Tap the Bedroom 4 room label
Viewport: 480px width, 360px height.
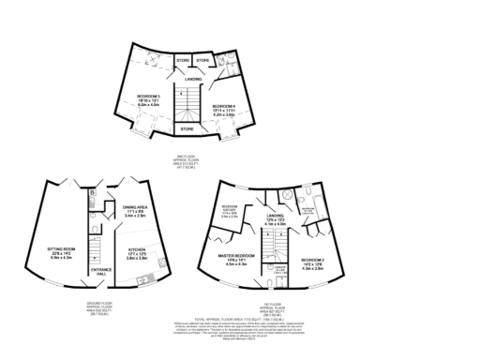[x=222, y=110]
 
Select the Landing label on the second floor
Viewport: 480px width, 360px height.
[x=192, y=79]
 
